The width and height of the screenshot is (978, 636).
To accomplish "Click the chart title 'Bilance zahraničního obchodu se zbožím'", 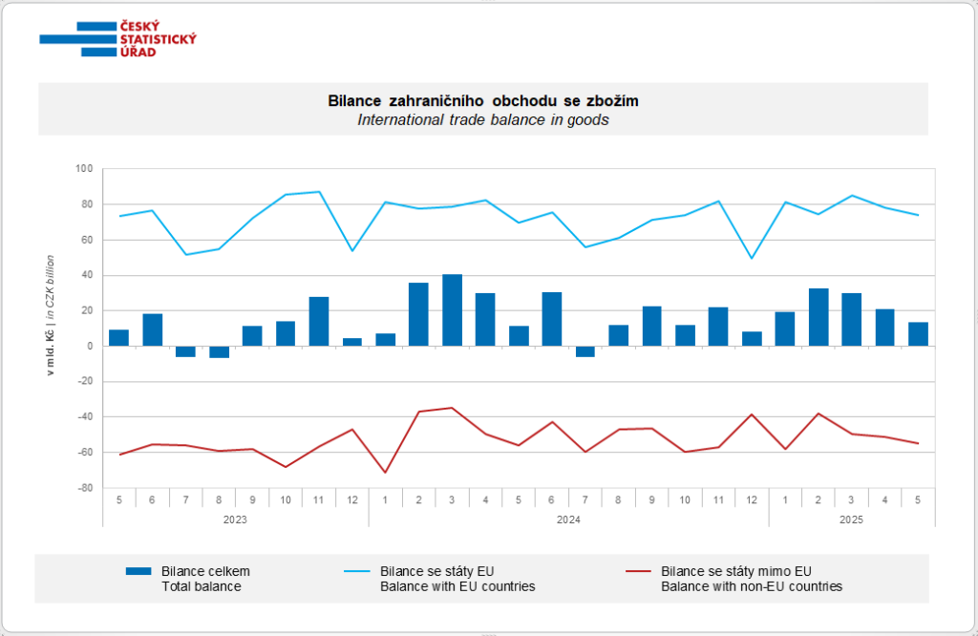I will pos(482,100).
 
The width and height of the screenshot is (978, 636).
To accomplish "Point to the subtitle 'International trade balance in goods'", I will pos(482,120).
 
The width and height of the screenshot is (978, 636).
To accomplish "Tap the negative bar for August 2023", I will pos(220,352).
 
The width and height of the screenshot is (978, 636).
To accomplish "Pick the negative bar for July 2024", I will pos(585,351).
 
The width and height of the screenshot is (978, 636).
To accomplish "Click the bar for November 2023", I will pos(319,322).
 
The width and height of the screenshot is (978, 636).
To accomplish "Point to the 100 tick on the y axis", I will pos(84,169).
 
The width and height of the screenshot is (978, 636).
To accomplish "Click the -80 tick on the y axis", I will pos(84,488).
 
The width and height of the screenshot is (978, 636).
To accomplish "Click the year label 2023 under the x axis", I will pos(235,519).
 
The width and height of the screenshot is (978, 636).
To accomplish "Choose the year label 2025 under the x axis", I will pos(851,519).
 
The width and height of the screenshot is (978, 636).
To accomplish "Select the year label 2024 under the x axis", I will pos(568,519).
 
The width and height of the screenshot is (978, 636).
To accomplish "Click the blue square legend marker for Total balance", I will pos(138,571).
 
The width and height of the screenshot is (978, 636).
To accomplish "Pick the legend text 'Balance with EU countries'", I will pos(457,586).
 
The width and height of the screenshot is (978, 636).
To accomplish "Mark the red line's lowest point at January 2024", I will pos(386,473).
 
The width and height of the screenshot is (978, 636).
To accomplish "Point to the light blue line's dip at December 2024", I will pos(751,258).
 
